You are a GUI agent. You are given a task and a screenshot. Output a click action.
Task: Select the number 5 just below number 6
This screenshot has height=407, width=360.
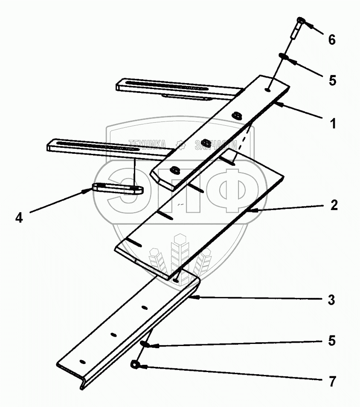tap(332, 80)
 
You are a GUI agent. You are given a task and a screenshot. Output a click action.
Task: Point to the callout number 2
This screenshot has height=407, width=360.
tap(334, 205)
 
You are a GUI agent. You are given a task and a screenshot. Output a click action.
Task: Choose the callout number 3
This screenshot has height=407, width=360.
tap(331, 300)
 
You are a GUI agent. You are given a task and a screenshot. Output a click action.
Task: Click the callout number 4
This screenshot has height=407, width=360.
tap(19, 217)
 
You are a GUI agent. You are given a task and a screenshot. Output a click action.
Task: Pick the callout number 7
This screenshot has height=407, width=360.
tap(331, 381)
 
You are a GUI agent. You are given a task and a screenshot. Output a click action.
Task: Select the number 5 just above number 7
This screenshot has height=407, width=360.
tap(331, 341)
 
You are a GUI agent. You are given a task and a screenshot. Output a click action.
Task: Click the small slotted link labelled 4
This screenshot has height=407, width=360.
tap(118, 188)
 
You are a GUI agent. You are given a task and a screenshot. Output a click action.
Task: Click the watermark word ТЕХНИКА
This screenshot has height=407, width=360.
tap(147, 145)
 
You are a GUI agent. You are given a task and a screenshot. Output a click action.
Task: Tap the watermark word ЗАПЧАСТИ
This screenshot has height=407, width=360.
tap(215, 145)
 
